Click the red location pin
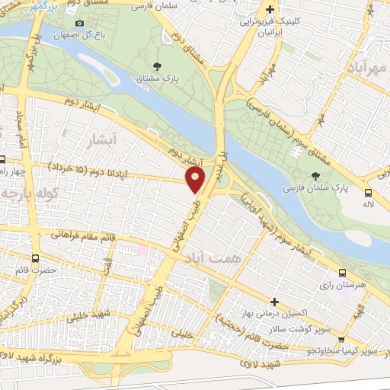195,180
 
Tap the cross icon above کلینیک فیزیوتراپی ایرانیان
270,10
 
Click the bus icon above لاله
368,193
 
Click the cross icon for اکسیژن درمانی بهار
274,302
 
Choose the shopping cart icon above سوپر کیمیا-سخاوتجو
342,340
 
